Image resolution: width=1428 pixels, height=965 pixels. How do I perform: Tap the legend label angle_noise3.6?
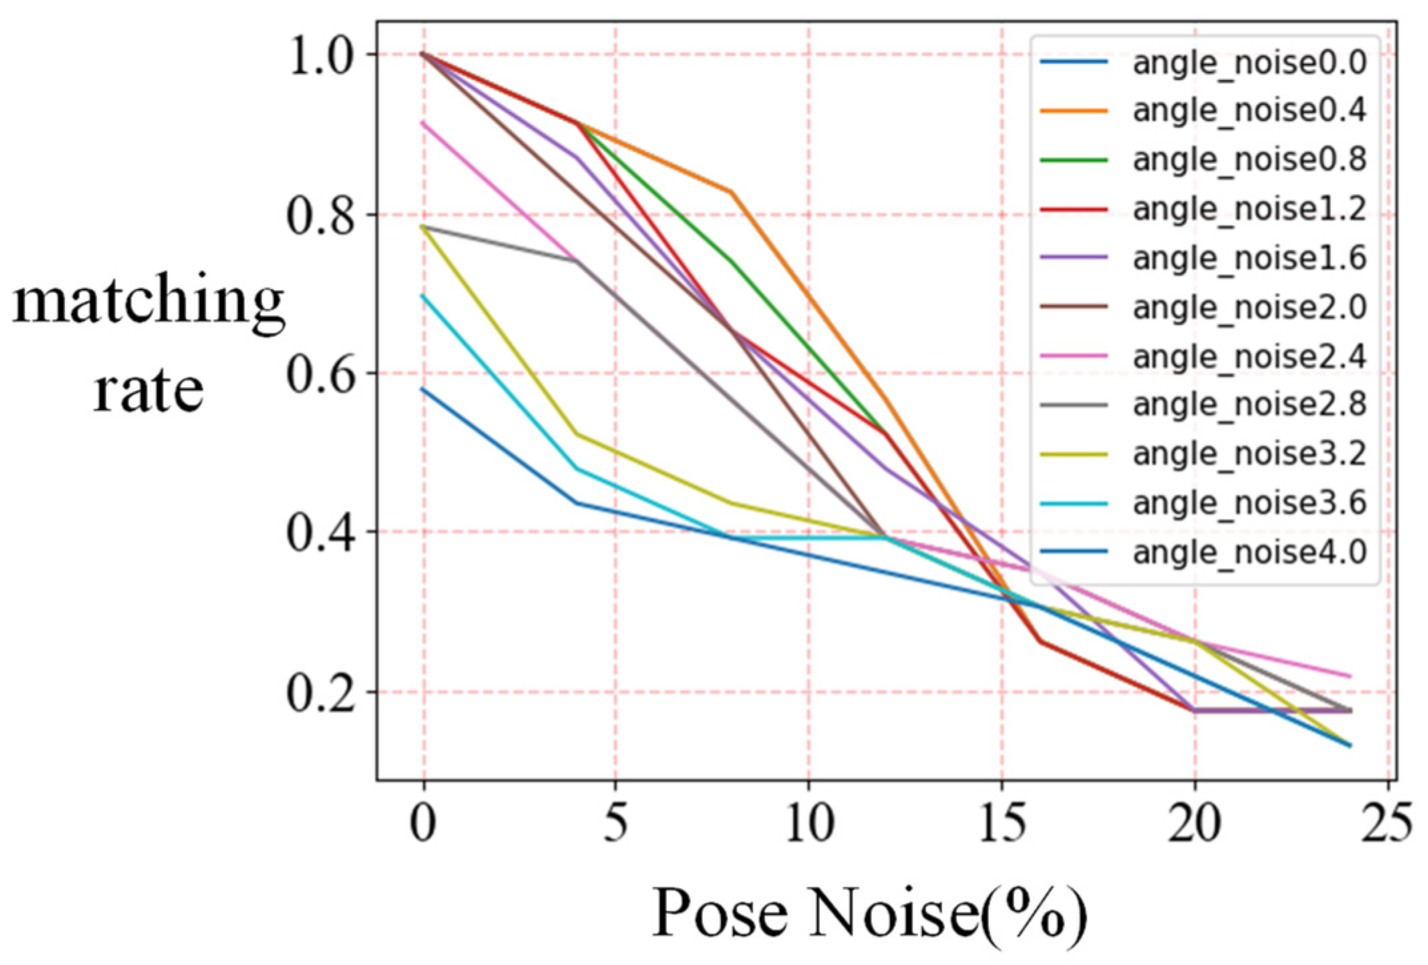pyautogui.click(x=1249, y=503)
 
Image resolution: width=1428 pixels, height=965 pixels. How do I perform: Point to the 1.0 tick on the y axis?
pyautogui.click(x=317, y=55)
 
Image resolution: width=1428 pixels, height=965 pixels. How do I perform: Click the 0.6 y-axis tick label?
pyautogui.click(x=317, y=373)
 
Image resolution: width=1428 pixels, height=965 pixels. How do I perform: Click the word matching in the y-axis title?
pyautogui.click(x=148, y=303)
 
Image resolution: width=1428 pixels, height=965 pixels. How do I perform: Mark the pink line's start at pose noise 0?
pyautogui.click(x=424, y=122)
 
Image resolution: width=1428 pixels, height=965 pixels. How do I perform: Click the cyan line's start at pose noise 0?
pyautogui.click(x=424, y=295)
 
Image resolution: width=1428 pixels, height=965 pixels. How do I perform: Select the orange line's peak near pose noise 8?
pyautogui.click(x=731, y=192)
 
